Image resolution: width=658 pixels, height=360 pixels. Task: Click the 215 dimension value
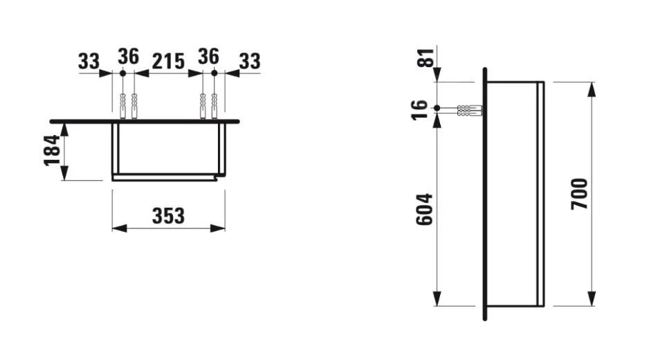167,61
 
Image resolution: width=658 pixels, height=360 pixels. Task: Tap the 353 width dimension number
168,215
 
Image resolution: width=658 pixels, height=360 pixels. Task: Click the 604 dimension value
423,208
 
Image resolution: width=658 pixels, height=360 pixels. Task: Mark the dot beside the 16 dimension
437,108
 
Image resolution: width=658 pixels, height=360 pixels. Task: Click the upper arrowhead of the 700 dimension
591,88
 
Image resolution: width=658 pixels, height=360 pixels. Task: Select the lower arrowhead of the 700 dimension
591,300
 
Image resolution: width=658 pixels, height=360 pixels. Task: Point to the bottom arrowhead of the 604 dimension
437,300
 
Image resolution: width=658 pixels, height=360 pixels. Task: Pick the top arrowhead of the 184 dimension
64,127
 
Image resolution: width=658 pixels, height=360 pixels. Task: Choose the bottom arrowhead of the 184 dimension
64,174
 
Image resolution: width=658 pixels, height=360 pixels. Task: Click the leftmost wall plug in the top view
122,106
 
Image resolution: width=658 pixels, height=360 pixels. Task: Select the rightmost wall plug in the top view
214,106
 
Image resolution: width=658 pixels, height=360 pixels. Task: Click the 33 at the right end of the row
249,61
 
